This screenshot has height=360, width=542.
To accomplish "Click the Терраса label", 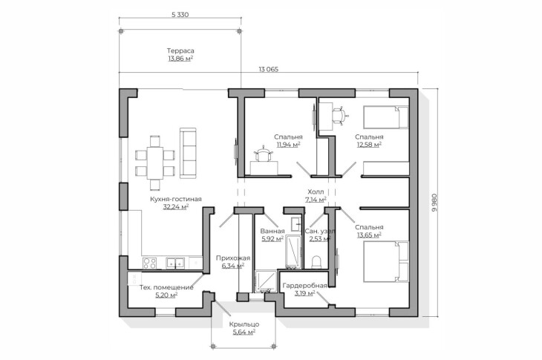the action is [x=180, y=50].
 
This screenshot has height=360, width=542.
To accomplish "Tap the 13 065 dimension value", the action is [x=268, y=69].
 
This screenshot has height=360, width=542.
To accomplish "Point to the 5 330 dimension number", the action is [x=180, y=15].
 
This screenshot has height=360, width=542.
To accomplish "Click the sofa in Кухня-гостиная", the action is [x=188, y=153].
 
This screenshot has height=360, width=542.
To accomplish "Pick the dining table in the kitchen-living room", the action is [x=155, y=163].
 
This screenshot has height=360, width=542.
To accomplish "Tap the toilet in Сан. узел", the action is [x=316, y=262].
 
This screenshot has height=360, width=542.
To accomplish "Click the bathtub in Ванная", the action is [x=294, y=251].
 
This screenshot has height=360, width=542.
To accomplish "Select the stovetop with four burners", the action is [x=150, y=263].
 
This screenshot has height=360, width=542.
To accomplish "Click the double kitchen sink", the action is [x=175, y=263].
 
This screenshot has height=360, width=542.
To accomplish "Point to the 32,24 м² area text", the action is [x=176, y=206].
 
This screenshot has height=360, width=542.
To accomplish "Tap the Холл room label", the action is [x=316, y=192].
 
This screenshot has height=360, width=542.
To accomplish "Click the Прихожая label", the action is [x=233, y=258].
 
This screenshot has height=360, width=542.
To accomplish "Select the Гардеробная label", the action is [x=304, y=286].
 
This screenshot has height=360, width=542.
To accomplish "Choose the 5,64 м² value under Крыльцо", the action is [x=244, y=332].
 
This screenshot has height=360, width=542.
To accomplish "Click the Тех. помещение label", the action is [x=166, y=287].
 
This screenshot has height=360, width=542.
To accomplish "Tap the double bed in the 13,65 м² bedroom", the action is [x=386, y=262].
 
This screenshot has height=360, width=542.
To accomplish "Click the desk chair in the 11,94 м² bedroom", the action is [x=264, y=154].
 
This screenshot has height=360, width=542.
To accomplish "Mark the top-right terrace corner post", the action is [x=240, y=31].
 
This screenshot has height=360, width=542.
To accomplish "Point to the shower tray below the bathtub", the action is [x=266, y=281].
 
